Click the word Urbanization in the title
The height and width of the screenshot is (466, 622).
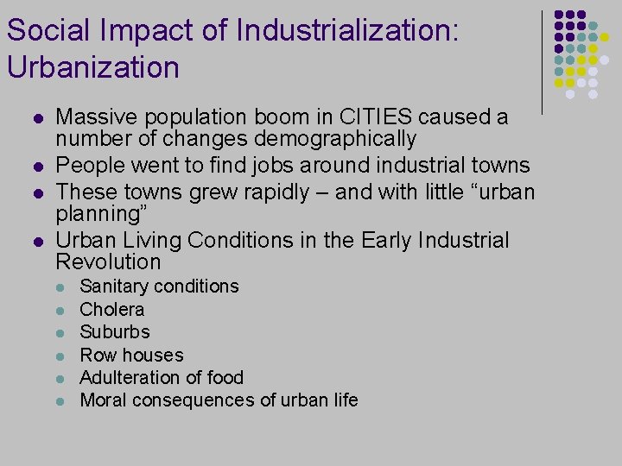point(92,67)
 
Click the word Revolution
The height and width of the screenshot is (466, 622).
point(108,261)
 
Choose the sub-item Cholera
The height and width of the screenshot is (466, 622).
point(112,309)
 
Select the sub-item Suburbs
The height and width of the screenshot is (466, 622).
point(115,332)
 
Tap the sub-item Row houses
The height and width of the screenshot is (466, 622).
point(131,355)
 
